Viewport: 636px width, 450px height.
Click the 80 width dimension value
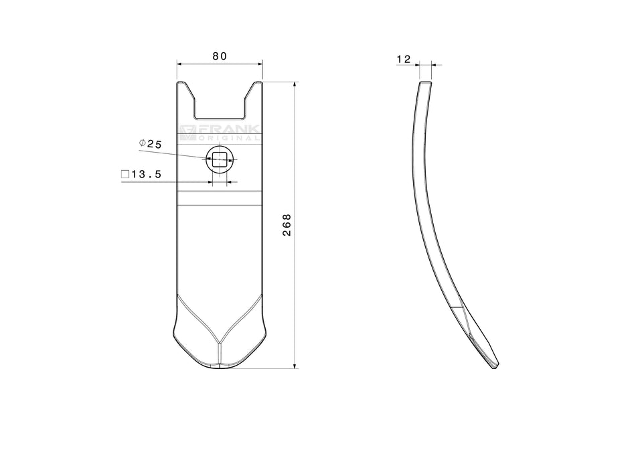[x=220, y=56]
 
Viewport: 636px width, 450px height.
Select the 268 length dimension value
[x=287, y=225]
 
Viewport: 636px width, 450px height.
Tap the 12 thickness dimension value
[x=404, y=59]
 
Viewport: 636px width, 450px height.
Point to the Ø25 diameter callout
[x=150, y=144]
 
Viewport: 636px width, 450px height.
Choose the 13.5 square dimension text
[x=147, y=175]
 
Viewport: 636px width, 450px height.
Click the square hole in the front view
[x=220, y=159]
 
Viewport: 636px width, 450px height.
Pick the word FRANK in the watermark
[x=228, y=129]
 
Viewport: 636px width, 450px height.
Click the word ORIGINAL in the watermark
[x=228, y=138]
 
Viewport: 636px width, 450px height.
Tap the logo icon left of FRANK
[x=187, y=133]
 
